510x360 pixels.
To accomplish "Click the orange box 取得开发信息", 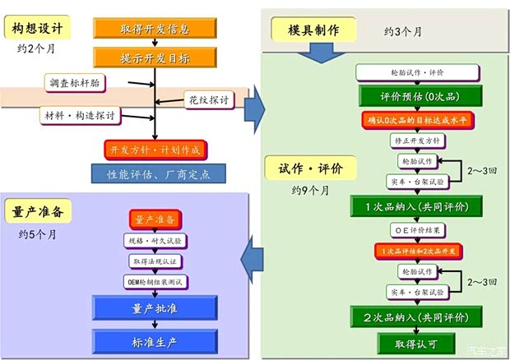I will click(155, 29).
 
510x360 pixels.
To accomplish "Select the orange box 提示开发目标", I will click(155, 58).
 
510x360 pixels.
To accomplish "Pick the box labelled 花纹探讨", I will click(207, 100).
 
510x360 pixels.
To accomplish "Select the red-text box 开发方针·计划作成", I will click(155, 150).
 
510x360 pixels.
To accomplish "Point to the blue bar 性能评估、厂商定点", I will click(160, 173).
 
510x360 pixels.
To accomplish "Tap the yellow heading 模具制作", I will click(313, 30).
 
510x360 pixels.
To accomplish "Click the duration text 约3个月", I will click(403, 31).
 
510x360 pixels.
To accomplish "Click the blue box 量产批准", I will click(155, 309).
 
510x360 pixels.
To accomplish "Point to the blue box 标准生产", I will click(155, 340).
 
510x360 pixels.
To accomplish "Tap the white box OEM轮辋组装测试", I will click(155, 282).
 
